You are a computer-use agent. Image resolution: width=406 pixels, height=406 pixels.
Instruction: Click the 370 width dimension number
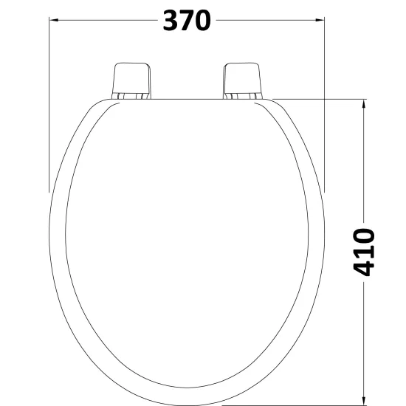tap(187, 21)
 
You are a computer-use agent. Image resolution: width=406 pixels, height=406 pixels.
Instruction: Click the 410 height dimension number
tap(364, 252)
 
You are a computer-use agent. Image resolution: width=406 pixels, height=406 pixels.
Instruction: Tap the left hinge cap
tap(131, 78)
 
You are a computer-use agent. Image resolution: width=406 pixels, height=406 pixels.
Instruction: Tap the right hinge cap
tap(242, 78)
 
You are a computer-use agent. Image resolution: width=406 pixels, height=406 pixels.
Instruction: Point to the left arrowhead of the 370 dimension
tap(53, 20)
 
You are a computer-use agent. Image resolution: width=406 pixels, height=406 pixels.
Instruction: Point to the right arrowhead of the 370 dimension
tap(320, 20)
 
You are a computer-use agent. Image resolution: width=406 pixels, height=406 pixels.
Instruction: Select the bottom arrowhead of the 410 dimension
tap(364, 401)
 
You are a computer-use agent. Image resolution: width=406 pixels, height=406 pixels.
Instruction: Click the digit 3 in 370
tap(170, 21)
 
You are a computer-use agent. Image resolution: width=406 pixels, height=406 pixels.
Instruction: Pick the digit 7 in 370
tap(187, 21)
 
